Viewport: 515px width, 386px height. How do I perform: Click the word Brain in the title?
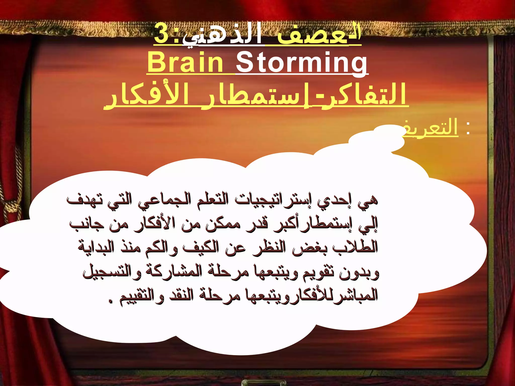point(185,62)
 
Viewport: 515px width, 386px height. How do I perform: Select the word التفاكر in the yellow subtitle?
point(362,95)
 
